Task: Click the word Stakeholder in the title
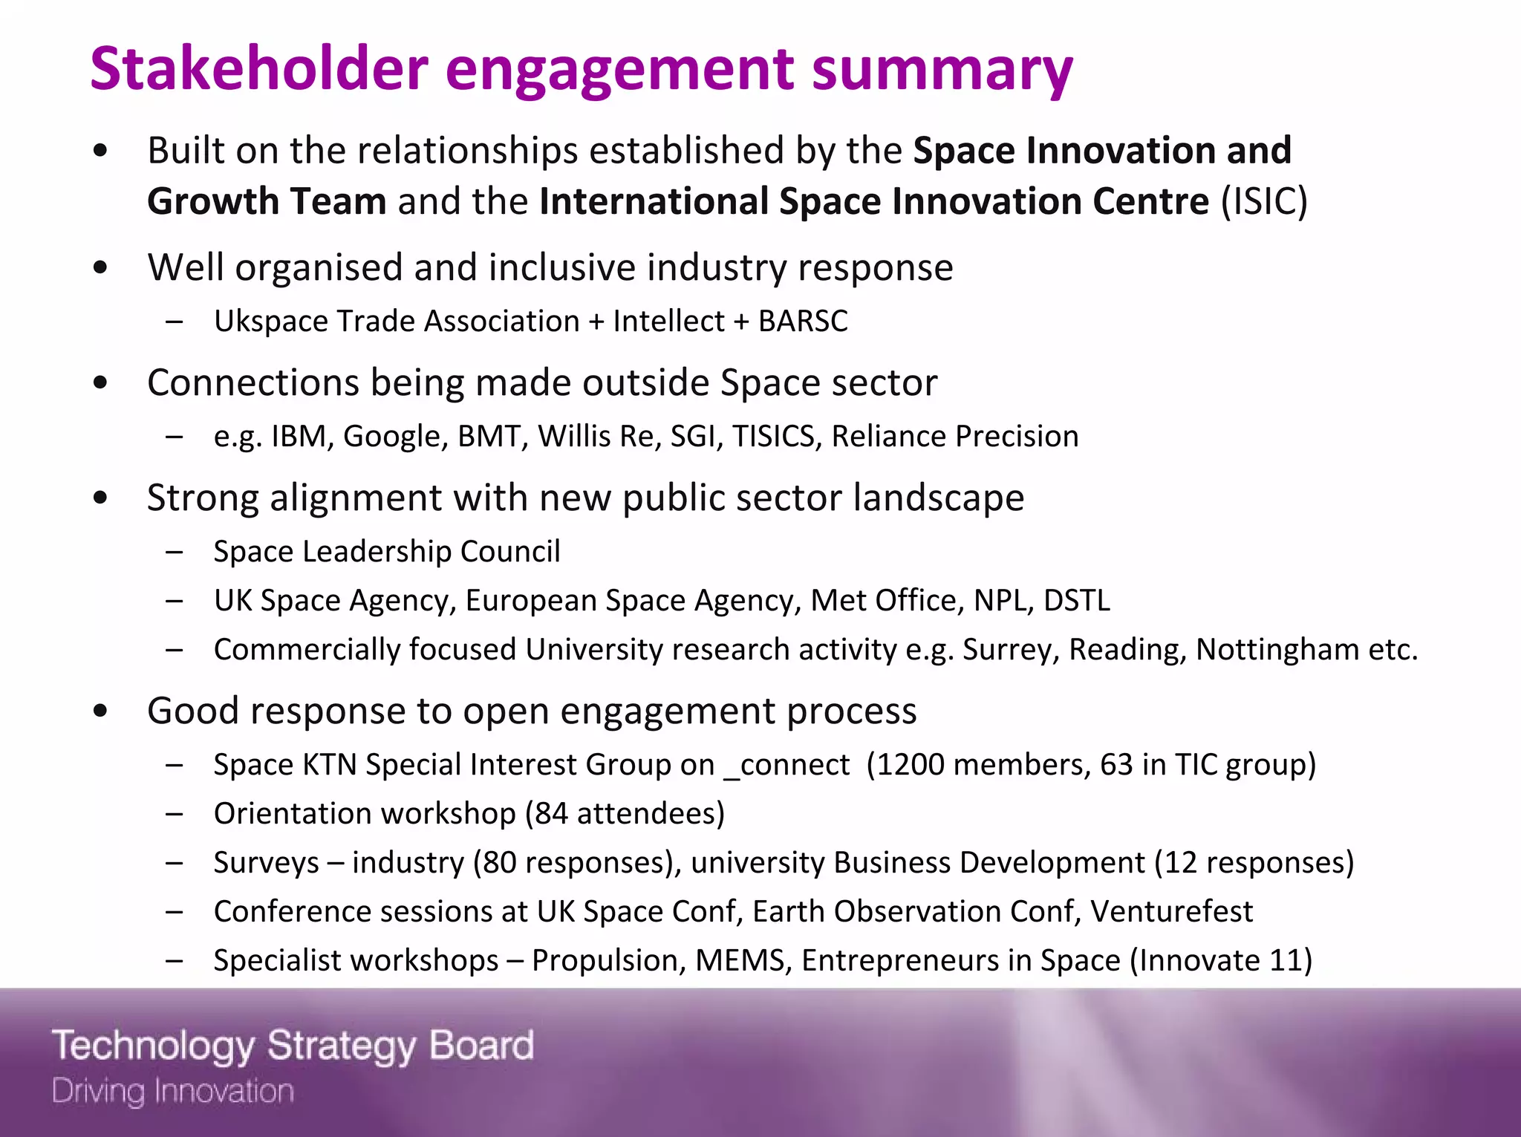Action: click(258, 68)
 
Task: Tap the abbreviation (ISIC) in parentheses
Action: click(1264, 202)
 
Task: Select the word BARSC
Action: click(803, 322)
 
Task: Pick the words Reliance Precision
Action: click(954, 437)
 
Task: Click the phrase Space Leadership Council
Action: click(386, 552)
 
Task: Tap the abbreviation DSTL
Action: click(1076, 601)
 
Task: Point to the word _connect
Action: click(786, 765)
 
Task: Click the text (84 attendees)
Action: click(625, 814)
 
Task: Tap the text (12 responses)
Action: click(1254, 863)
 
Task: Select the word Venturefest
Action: click(1171, 912)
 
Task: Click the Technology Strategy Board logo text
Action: click(293, 1046)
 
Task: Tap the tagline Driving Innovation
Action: click(173, 1092)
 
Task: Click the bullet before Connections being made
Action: click(101, 383)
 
